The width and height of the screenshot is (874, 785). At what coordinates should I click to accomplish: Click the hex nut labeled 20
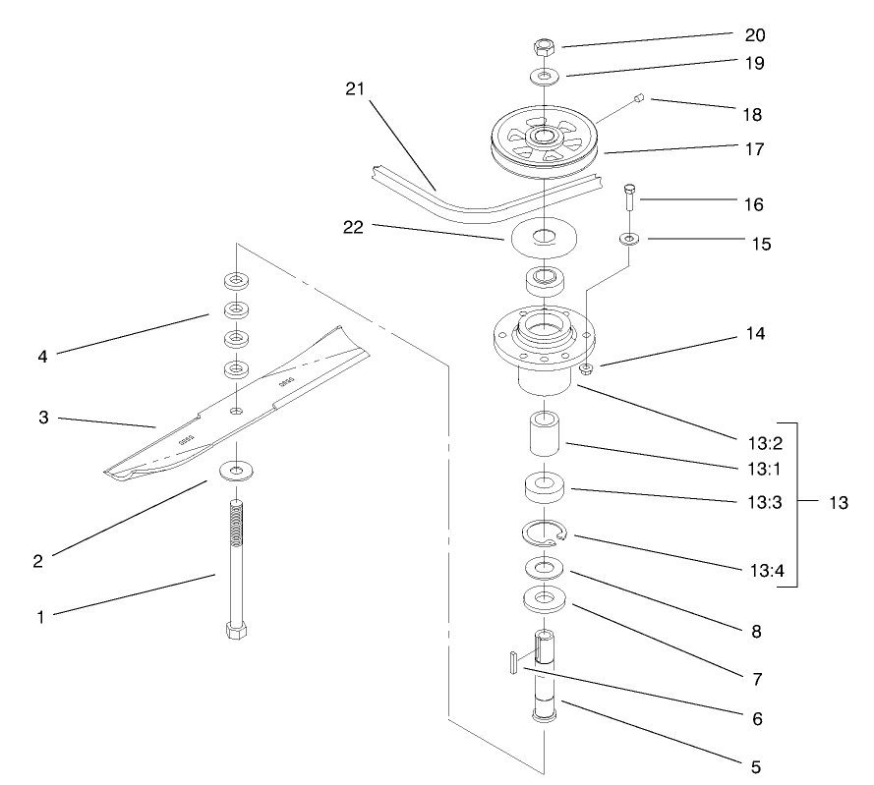543,46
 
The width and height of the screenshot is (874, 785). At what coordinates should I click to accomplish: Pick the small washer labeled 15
627,238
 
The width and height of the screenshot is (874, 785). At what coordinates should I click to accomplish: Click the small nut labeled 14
586,369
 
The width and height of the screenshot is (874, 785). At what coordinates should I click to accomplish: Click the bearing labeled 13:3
544,488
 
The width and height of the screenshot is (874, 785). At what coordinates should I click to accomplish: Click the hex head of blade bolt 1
235,630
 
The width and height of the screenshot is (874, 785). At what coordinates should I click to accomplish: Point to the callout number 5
756,764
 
